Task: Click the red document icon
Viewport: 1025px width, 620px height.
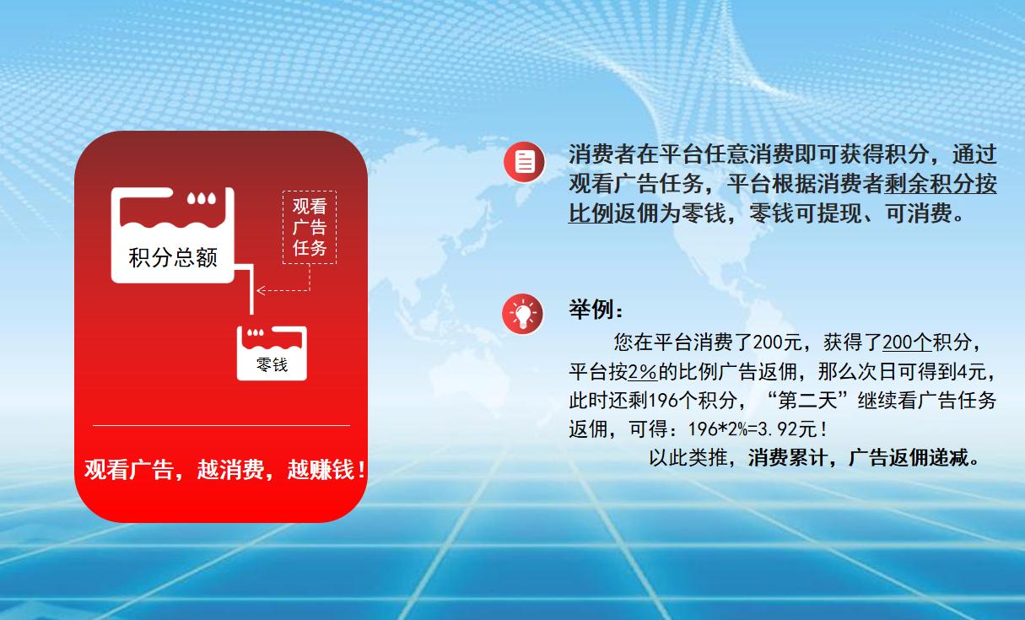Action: point(525,162)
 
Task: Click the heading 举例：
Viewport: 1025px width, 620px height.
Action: point(596,309)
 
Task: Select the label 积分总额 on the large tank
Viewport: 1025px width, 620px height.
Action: point(173,257)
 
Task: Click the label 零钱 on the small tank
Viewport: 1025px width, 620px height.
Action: point(272,364)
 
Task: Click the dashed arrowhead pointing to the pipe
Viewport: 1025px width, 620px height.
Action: point(262,291)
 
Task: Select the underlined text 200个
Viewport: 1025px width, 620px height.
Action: point(906,342)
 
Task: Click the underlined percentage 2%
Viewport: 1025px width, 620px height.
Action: point(643,371)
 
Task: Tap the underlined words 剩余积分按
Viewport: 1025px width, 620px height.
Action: point(940,184)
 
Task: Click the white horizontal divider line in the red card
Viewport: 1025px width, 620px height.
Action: point(221,426)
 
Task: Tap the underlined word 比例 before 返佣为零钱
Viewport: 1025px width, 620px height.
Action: point(591,213)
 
